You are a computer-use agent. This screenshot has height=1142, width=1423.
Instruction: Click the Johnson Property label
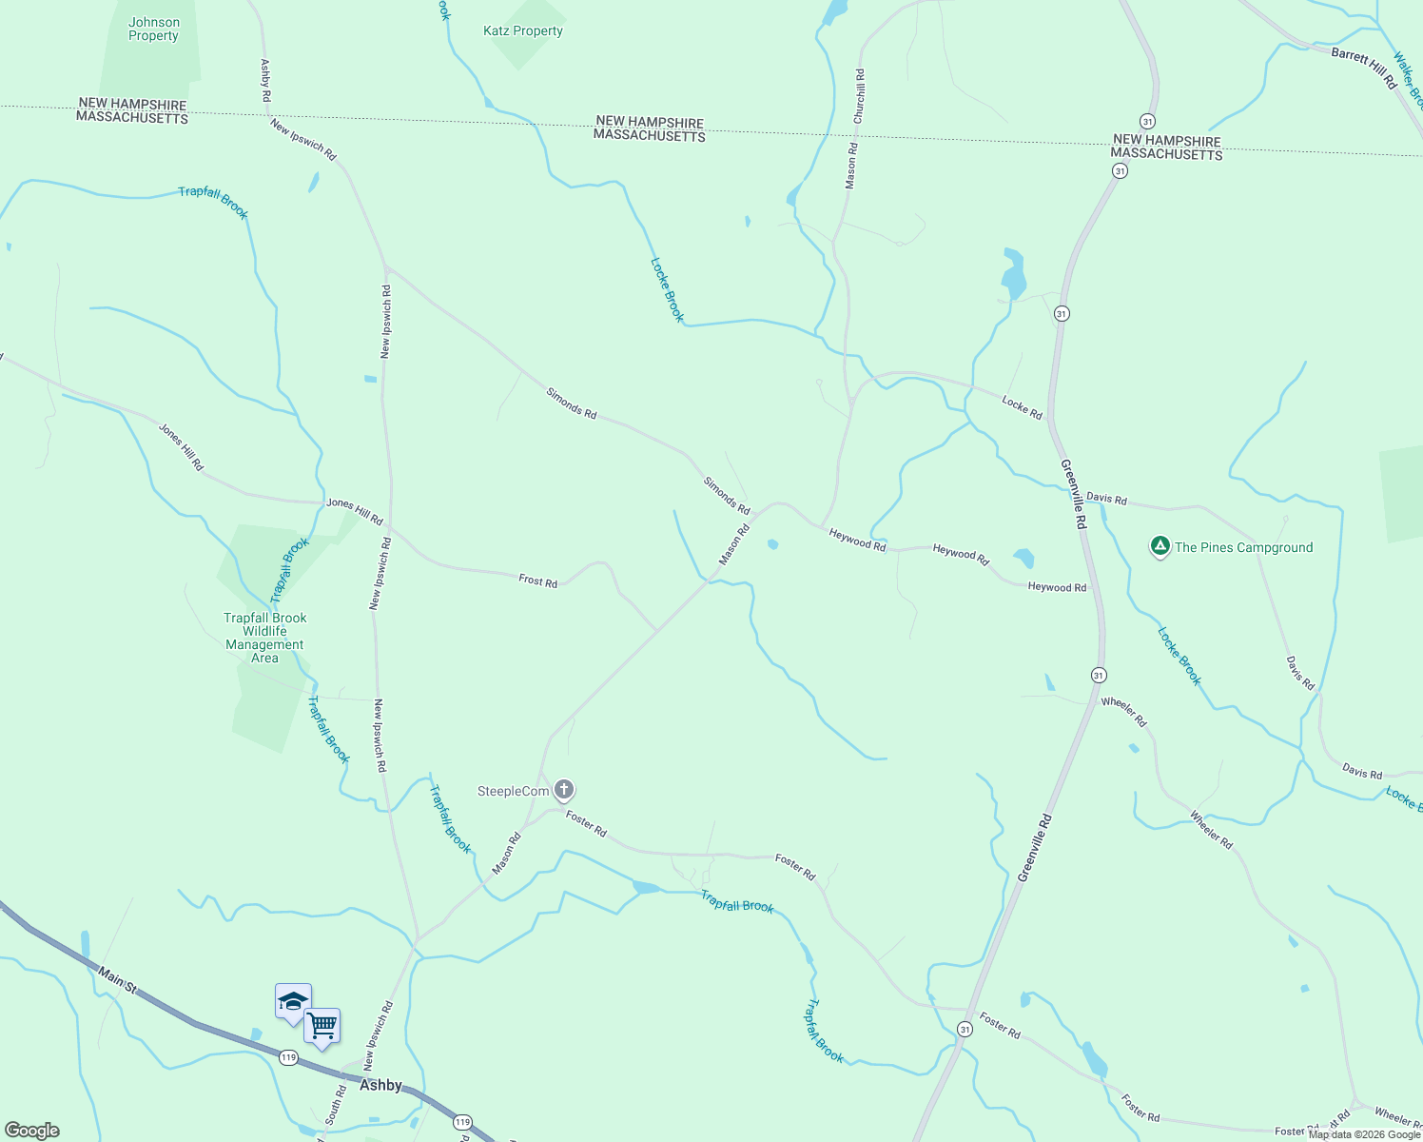[x=153, y=30]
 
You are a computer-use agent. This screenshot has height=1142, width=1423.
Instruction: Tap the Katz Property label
[x=522, y=31]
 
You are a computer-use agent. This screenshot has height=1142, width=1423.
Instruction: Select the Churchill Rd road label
[x=860, y=96]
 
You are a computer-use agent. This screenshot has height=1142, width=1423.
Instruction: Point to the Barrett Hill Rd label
[x=1363, y=68]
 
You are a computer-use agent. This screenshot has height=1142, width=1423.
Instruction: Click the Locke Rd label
[x=1022, y=407]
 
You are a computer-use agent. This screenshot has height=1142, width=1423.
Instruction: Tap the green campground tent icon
[x=1160, y=546]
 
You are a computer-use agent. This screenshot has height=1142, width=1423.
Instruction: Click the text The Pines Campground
[x=1243, y=547]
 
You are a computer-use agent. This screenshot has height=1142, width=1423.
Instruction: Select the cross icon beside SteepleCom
[x=564, y=790]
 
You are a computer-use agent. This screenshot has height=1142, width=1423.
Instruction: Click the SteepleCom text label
[x=513, y=791]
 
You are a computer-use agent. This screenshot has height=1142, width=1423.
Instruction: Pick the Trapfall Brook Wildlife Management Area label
[x=264, y=638]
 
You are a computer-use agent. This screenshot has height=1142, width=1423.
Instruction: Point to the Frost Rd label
[x=537, y=581]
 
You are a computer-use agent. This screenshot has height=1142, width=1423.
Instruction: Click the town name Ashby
[x=380, y=1085]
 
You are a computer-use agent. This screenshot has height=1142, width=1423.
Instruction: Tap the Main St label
[x=118, y=982]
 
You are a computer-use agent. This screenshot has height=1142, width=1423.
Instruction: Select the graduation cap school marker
[x=293, y=1001]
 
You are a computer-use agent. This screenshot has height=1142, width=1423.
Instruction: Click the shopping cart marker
[x=322, y=1026]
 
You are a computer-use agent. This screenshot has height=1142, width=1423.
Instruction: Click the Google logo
[x=31, y=1131]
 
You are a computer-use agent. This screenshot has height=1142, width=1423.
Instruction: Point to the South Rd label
[x=335, y=1105]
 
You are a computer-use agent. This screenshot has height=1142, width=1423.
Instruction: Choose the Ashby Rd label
[x=265, y=81]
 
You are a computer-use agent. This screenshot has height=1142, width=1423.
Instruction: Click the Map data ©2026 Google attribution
[x=1364, y=1134]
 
